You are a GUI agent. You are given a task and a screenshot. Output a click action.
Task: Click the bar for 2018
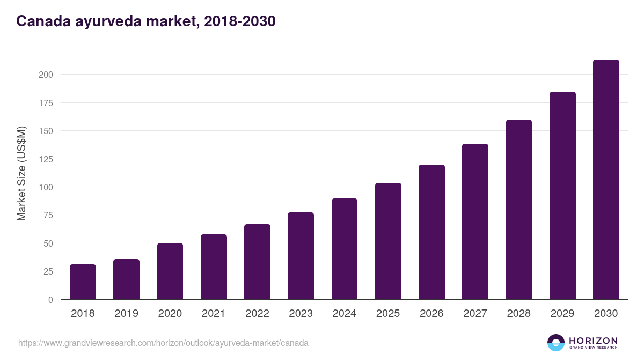pos(83,282)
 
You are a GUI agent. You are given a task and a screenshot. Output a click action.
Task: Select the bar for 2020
pos(170,271)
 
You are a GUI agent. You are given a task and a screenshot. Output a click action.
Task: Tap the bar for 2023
pos(301,256)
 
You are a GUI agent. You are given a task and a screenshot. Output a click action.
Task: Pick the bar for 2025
pos(388,241)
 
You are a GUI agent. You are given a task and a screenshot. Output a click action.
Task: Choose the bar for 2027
pos(475,221)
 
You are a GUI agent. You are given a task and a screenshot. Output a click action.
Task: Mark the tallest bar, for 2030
pos(606,180)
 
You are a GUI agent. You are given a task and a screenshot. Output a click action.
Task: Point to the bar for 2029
pos(562,196)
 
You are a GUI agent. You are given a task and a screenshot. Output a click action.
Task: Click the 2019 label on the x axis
pos(126,314)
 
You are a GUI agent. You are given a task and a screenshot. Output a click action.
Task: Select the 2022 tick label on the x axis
pos(257,314)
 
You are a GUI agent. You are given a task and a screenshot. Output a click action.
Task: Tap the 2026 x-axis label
pos(431,314)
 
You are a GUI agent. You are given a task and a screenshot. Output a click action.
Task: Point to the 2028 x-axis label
pos(519,314)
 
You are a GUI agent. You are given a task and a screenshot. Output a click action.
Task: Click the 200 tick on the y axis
pos(46,75)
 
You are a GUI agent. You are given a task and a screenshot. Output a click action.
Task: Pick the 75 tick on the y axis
pos(48,215)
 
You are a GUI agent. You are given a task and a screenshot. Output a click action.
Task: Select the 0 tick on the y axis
pos(50,300)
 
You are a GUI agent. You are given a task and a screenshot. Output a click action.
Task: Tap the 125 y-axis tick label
pos(46,159)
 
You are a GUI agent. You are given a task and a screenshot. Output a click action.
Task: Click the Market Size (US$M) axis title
pos(21,173)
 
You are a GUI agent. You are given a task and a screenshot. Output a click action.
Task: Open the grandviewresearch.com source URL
pos(163,343)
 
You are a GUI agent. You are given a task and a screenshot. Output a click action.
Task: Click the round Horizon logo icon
pos(556,343)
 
